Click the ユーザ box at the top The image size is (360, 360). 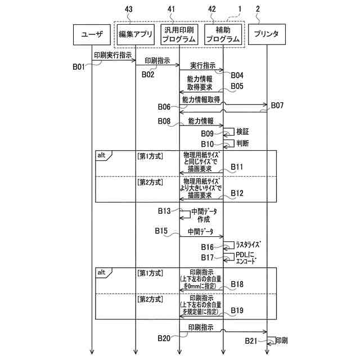pyautogui.click(x=92, y=34)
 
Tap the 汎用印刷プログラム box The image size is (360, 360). pyautogui.click(x=179, y=34)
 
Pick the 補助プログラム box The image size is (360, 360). pyautogui.click(x=223, y=34)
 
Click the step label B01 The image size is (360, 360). pyautogui.click(x=79, y=66)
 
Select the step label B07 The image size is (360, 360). pyautogui.click(x=278, y=105)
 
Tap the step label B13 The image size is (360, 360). pyautogui.click(x=164, y=211)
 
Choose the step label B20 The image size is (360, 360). pyautogui.click(x=164, y=337)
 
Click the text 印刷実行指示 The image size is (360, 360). pyautogui.click(x=113, y=55)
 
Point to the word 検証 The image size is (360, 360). pyautogui.click(x=243, y=131)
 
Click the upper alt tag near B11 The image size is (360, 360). pyautogui.click(x=102, y=155)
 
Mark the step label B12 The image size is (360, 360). pyautogui.click(x=237, y=193)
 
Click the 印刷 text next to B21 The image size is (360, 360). pyautogui.click(x=281, y=340)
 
